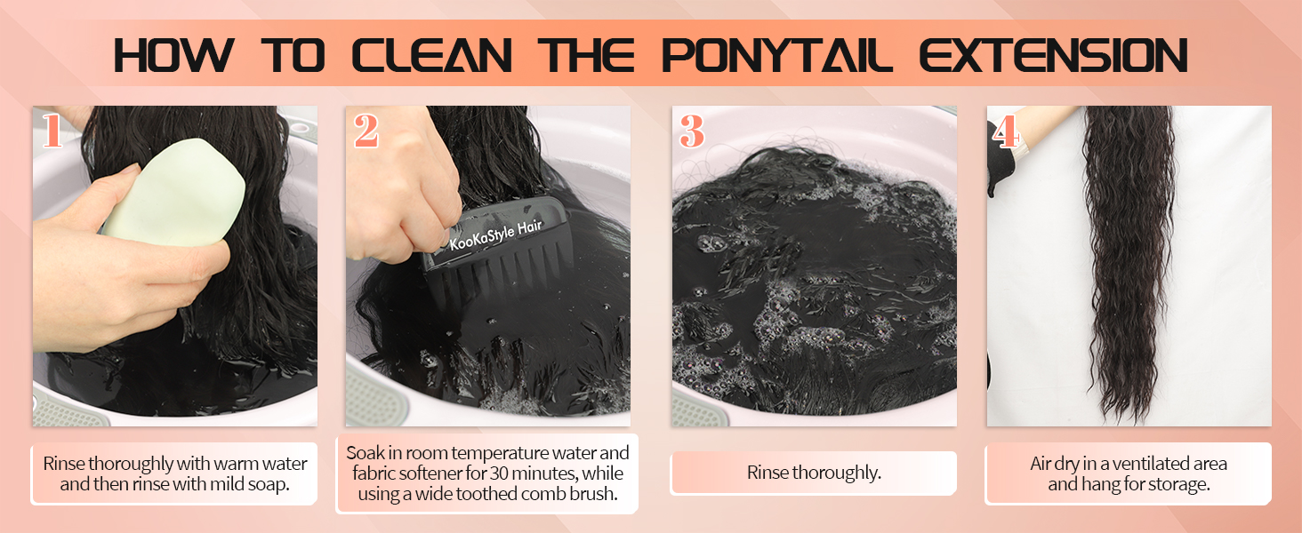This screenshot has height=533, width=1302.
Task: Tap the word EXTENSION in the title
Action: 1054,55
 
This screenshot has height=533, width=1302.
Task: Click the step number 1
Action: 52,131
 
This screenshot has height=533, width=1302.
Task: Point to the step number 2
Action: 366,131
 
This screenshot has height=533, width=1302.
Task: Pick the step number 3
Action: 692,131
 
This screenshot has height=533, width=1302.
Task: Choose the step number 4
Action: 1005,131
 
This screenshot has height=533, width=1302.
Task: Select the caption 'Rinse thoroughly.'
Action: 814,473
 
